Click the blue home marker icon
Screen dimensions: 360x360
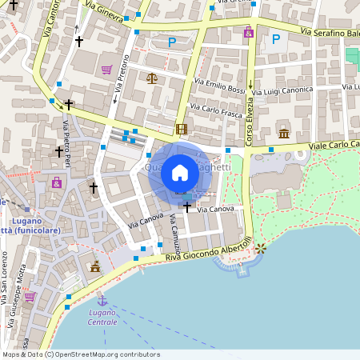point(180,173)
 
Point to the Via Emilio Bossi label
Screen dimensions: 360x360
point(219,86)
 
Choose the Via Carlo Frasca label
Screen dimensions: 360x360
point(215,111)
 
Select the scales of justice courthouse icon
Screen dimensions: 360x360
point(152,78)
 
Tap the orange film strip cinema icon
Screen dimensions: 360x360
point(181,129)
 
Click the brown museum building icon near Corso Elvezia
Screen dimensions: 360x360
point(283,133)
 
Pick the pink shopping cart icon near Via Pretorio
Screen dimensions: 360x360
point(106,70)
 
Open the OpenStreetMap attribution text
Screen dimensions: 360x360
point(81,354)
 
